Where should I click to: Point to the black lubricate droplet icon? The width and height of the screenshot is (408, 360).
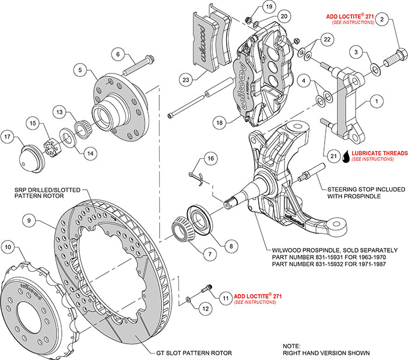click(x=346, y=156)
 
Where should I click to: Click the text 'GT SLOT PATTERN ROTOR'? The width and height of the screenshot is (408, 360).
click(x=193, y=353)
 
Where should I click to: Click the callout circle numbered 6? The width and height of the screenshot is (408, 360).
click(x=118, y=55)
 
